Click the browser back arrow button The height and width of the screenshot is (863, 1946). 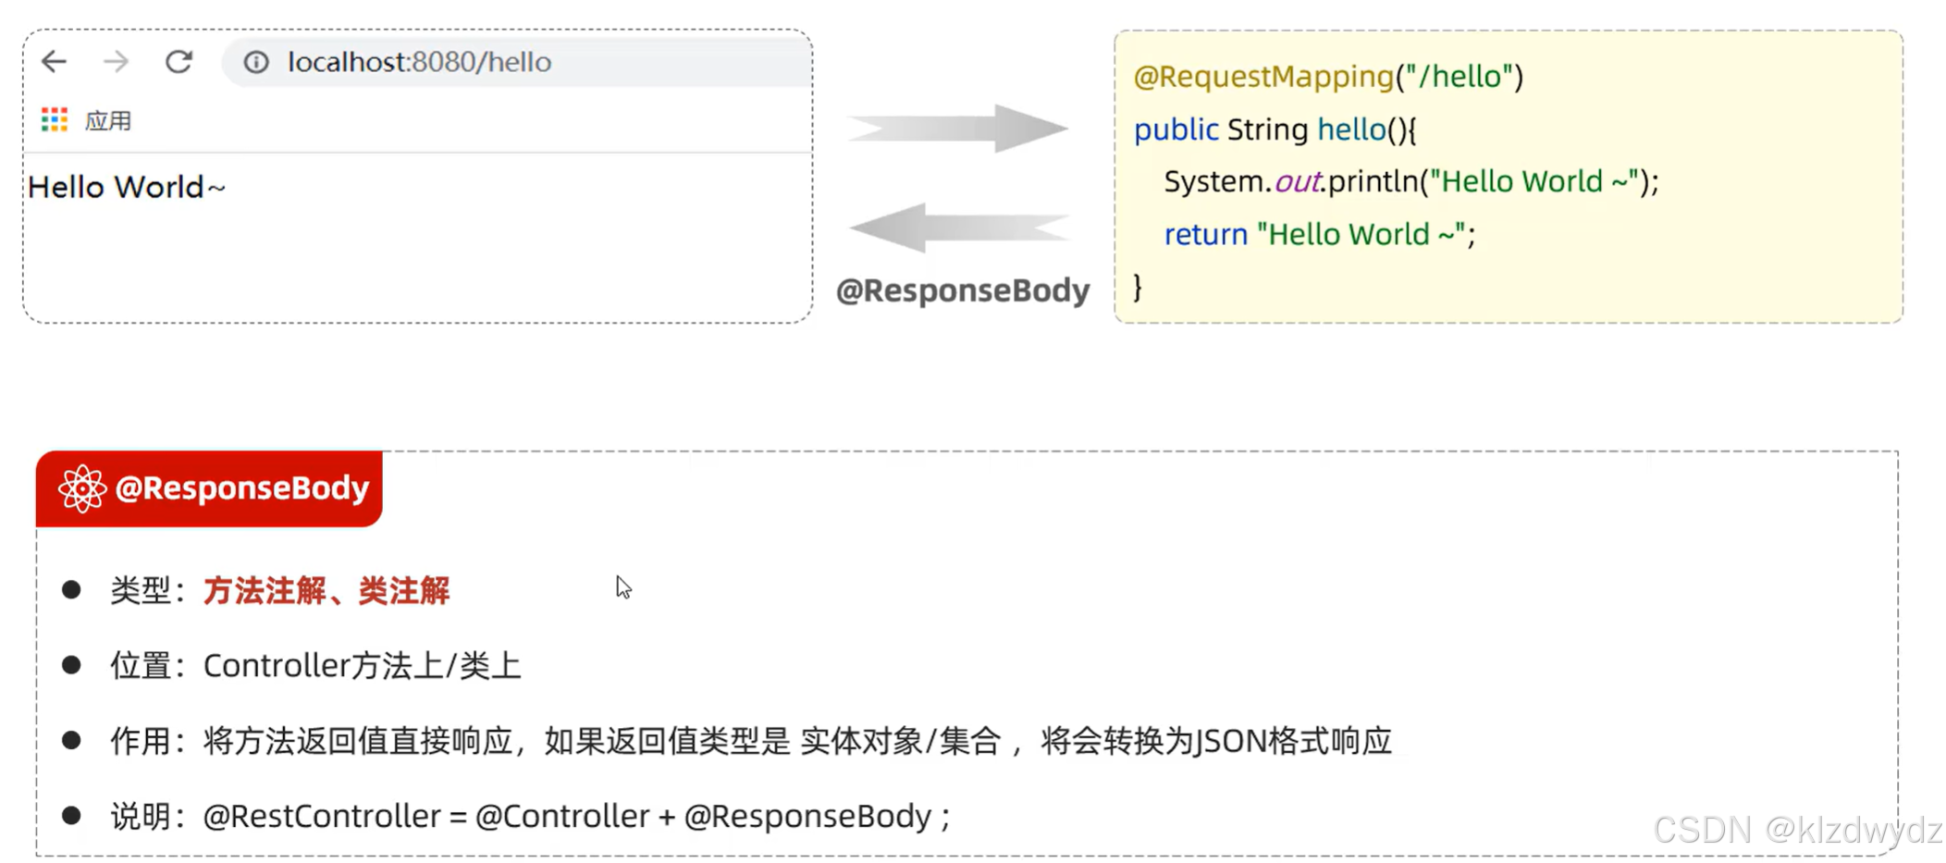pyautogui.click(x=55, y=62)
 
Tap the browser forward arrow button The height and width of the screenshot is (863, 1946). pyautogui.click(x=117, y=62)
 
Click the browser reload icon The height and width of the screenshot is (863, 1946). pyautogui.click(x=179, y=62)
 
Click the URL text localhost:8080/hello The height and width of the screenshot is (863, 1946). pyautogui.click(x=419, y=62)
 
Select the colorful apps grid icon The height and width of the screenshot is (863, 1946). pyautogui.click(x=55, y=119)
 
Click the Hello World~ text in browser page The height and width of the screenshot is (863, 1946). pyautogui.click(x=127, y=187)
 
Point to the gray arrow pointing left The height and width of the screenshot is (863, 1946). pyautogui.click(x=959, y=228)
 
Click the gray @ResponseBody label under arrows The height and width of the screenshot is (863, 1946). pyautogui.click(x=962, y=290)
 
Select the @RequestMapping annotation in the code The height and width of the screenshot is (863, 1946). pyautogui.click(x=1263, y=77)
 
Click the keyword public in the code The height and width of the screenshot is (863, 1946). pyautogui.click(x=1176, y=129)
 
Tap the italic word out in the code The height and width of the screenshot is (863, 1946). pyautogui.click(x=1297, y=182)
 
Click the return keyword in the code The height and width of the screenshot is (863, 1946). pyautogui.click(x=1205, y=235)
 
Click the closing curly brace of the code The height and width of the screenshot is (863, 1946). pyautogui.click(x=1138, y=287)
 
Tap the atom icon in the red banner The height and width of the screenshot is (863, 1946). pyautogui.click(x=82, y=488)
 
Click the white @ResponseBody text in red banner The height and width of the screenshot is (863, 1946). pyautogui.click(x=242, y=488)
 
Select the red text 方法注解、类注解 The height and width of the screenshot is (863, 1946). pyautogui.click(x=326, y=590)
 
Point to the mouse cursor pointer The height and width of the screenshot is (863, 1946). pyautogui.click(x=622, y=586)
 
